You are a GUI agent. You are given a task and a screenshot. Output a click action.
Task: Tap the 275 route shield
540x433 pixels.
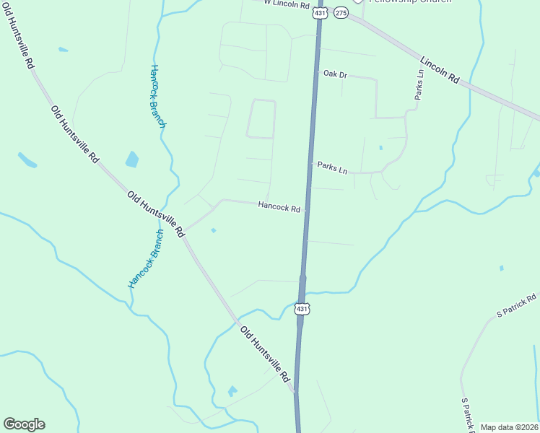click(x=341, y=13)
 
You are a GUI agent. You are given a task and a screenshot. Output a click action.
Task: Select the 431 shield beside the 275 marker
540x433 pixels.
click(x=318, y=13)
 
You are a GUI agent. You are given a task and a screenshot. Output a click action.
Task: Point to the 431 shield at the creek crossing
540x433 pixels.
click(x=302, y=309)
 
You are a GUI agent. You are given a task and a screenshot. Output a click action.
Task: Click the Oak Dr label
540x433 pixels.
click(x=335, y=74)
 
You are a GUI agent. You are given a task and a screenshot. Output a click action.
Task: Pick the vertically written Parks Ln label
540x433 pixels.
click(x=419, y=85)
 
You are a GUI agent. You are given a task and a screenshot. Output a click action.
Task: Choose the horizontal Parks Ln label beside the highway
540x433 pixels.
click(x=332, y=167)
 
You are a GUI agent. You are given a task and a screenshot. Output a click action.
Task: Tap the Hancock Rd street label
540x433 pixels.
click(x=279, y=208)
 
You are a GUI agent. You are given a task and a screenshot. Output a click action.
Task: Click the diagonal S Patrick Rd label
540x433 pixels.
click(x=517, y=306)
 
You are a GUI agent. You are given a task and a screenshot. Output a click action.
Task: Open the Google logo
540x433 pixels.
click(x=24, y=424)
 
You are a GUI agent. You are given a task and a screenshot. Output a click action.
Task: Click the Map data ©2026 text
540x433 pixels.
click(x=509, y=427)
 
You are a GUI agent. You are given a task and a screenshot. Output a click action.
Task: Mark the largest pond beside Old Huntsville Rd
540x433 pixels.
click(x=132, y=159)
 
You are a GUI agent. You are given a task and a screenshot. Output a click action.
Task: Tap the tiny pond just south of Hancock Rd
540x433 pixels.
click(x=213, y=231)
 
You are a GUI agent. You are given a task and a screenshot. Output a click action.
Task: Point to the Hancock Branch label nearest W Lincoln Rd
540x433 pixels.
click(x=158, y=97)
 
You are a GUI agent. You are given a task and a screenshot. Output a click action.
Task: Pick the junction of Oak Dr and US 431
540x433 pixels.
click(x=316, y=73)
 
